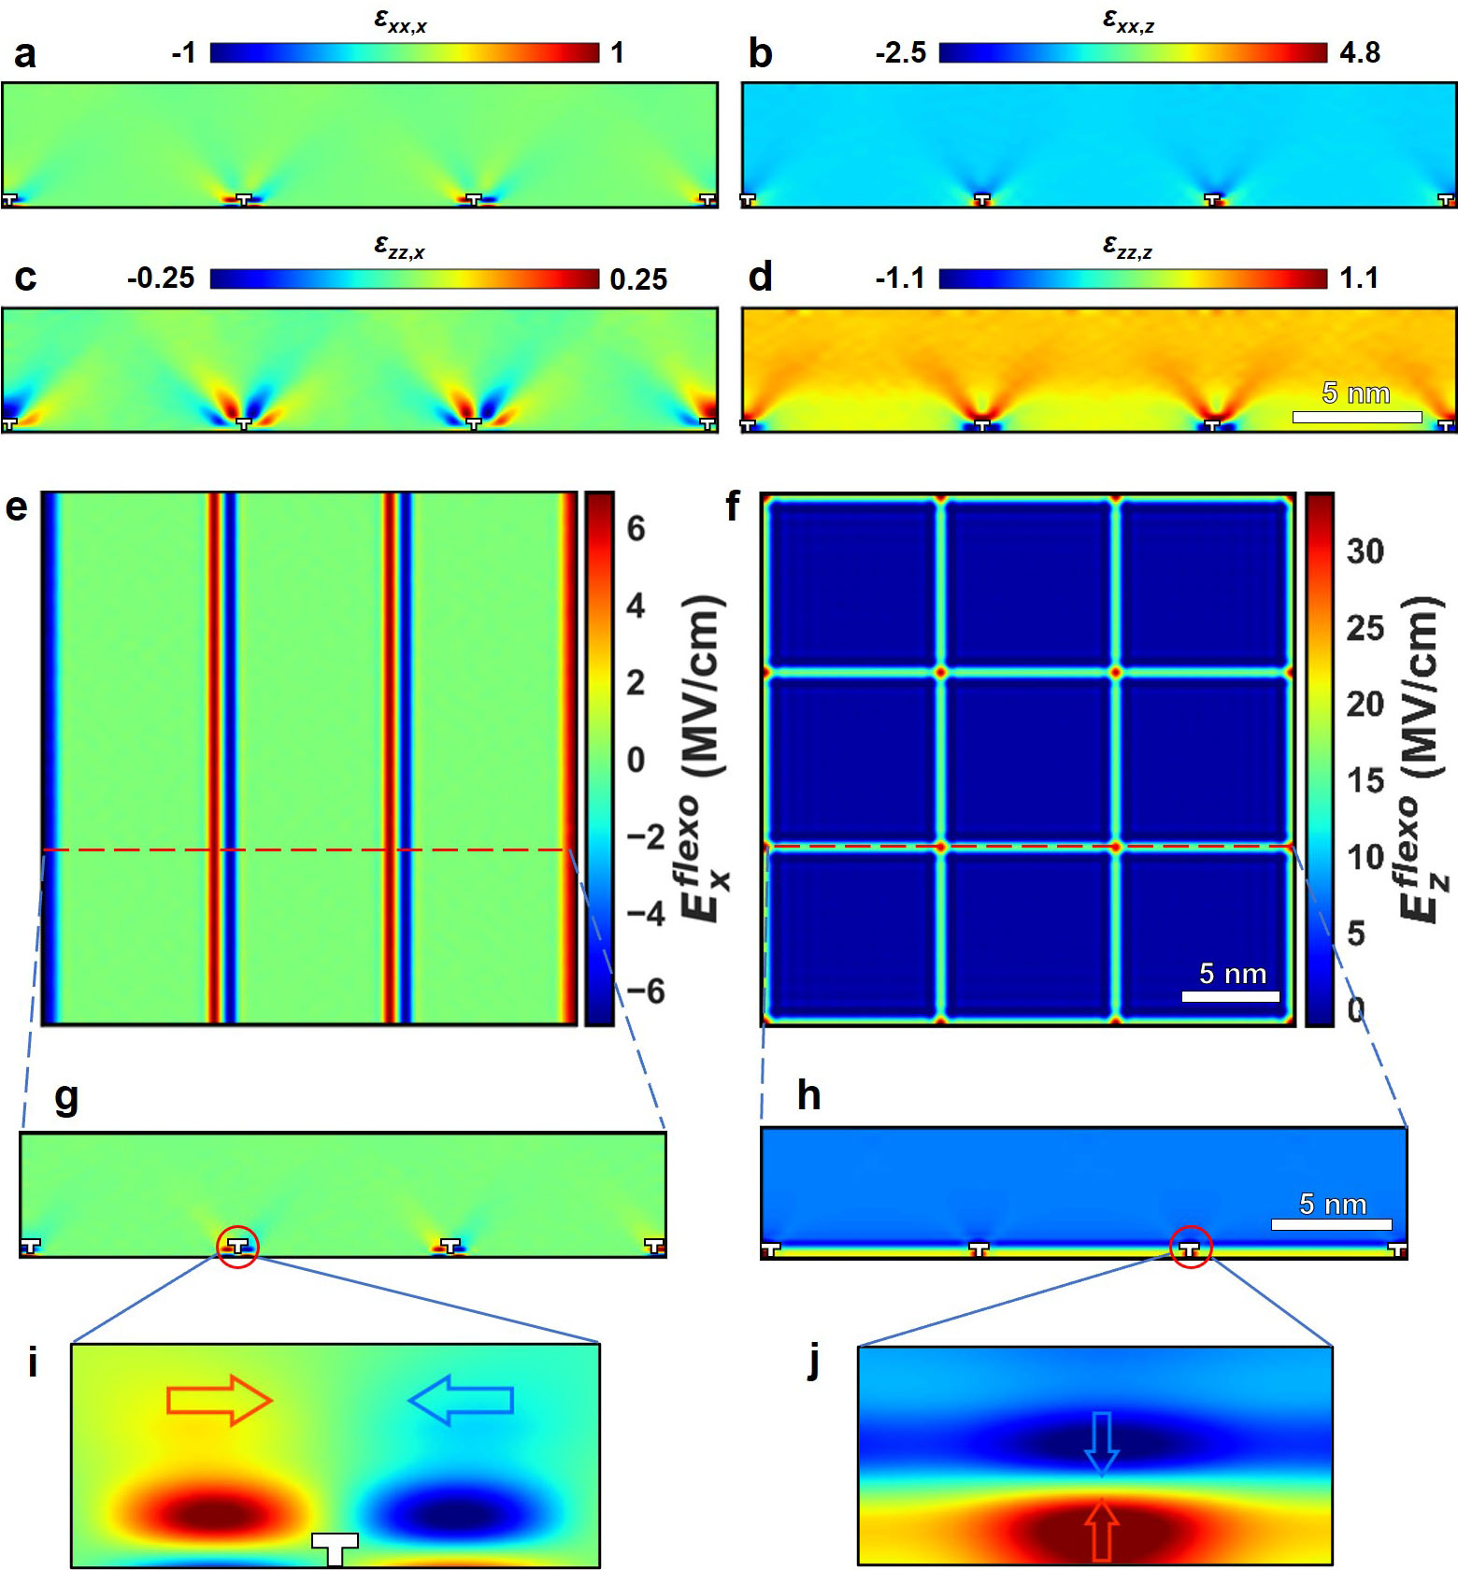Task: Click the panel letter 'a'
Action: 25,53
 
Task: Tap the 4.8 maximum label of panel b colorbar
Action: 1359,52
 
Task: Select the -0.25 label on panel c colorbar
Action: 161,278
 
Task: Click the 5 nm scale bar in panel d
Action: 1357,416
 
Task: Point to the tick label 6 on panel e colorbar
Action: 636,529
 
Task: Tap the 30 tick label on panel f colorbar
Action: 1365,551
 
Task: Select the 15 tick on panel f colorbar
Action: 1365,780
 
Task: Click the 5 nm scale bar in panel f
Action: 1231,996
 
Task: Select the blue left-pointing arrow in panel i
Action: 461,1400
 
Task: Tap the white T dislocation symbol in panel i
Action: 335,1548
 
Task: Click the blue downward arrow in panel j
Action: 1102,1443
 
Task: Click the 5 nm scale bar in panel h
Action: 1332,1224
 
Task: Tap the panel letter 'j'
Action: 814,1363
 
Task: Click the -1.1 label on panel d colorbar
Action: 900,278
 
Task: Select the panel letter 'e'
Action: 16,507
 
